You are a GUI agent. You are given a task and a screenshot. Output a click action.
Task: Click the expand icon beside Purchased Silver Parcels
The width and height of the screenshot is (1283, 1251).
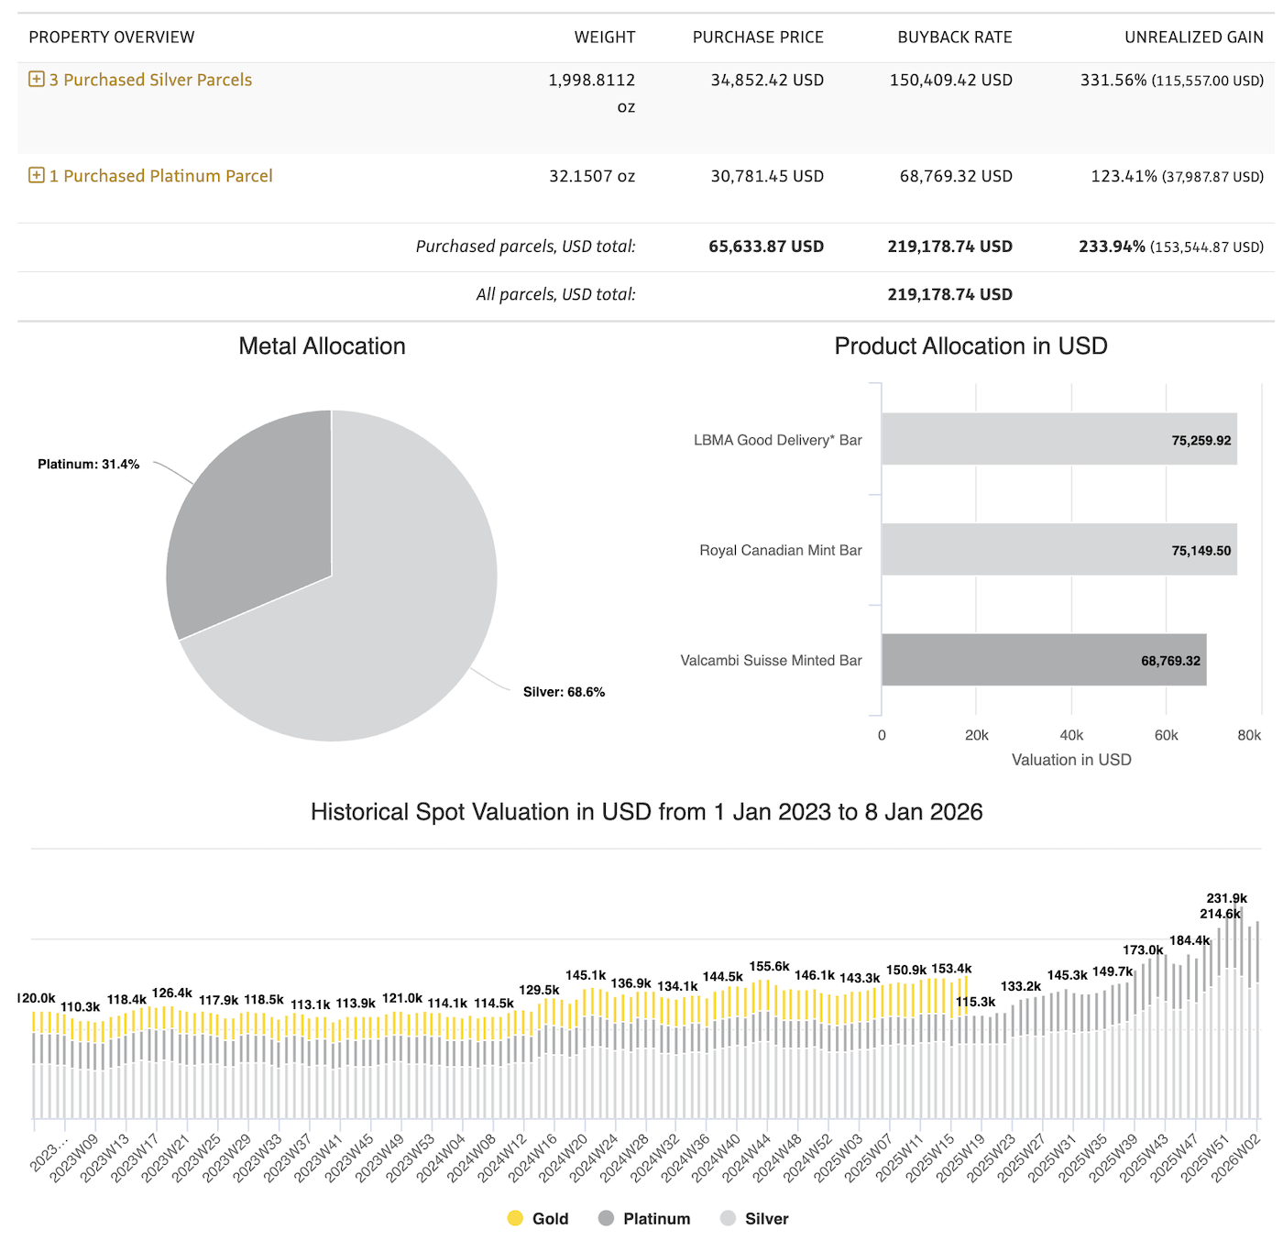[37, 80]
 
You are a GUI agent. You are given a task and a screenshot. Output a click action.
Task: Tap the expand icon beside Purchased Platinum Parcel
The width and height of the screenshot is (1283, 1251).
[37, 176]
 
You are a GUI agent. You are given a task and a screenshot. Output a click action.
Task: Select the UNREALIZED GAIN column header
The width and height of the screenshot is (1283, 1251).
[1193, 38]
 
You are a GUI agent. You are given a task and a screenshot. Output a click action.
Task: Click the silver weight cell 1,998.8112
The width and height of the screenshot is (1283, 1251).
[591, 81]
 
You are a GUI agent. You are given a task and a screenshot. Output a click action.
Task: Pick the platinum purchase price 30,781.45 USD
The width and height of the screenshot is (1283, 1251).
[767, 176]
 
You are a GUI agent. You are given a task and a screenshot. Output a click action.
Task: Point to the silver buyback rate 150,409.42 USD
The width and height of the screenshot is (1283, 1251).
[950, 81]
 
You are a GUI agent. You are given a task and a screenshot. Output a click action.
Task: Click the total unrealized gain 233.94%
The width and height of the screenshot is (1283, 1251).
[1112, 247]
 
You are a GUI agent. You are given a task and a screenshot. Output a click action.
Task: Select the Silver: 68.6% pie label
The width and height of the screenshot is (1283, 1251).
[564, 692]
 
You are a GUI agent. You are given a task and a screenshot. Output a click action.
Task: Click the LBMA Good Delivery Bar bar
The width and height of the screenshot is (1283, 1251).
[1058, 439]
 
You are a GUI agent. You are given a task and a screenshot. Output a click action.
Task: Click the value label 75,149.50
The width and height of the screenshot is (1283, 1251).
[1201, 551]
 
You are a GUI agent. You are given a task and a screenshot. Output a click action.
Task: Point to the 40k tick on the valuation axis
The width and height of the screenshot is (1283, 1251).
[1071, 735]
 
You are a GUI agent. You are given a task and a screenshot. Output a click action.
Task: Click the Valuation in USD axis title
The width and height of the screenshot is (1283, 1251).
[1070, 760]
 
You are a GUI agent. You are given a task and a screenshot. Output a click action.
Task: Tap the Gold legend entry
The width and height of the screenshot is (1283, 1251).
[539, 1218]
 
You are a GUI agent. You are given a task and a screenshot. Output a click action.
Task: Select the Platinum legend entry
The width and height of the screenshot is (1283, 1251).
[644, 1218]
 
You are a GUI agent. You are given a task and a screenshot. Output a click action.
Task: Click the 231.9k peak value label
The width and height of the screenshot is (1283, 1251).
[1226, 898]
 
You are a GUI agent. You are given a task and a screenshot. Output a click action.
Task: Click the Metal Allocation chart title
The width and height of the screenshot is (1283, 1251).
[322, 346]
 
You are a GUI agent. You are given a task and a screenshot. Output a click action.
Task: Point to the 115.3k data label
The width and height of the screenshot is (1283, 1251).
[975, 1002]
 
